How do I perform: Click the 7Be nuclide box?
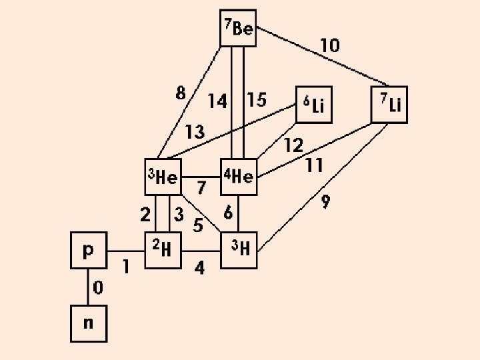(x=238, y=29)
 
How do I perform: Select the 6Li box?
(x=315, y=105)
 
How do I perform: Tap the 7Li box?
(x=389, y=105)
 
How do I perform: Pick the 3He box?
(x=163, y=177)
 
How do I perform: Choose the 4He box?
(x=238, y=177)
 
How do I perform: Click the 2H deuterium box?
(x=163, y=251)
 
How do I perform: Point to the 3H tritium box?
(x=239, y=251)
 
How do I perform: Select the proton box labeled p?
(x=89, y=251)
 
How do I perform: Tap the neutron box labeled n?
(x=89, y=324)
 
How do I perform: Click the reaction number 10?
(x=329, y=46)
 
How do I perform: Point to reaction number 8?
(x=181, y=94)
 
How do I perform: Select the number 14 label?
(x=217, y=101)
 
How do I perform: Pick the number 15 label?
(x=257, y=100)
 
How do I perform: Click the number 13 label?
(x=195, y=132)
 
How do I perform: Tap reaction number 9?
(x=325, y=202)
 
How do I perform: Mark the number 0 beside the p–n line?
(x=98, y=288)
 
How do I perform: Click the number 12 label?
(x=293, y=145)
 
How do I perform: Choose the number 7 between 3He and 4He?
(x=201, y=189)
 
